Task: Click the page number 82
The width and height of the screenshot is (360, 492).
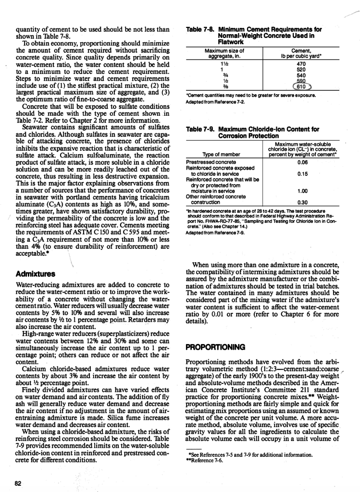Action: tap(18, 482)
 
